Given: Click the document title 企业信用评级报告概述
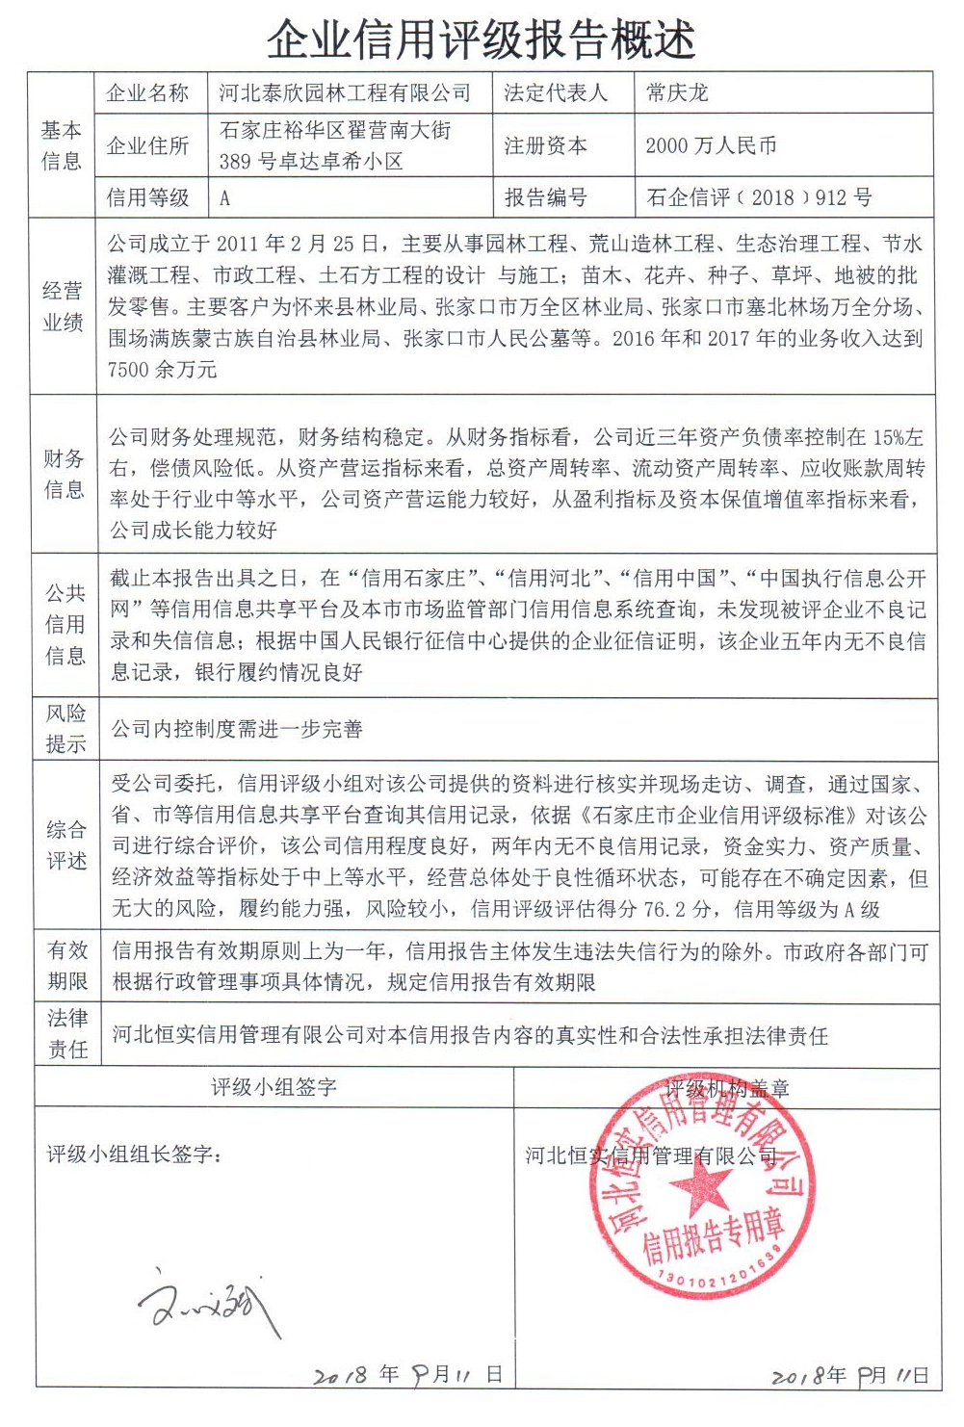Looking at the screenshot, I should tap(481, 39).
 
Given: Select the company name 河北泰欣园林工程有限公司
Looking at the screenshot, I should tap(345, 93).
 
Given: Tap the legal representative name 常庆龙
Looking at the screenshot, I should tap(677, 93).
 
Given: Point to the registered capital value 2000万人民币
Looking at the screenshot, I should tap(711, 145).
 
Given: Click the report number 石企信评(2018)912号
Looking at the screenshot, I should tap(759, 198).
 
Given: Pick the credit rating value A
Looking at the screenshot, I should tap(225, 198).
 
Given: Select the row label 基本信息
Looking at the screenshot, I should tap(62, 145).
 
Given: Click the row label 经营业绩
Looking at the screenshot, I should tap(63, 306).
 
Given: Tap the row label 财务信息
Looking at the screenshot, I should tap(64, 474).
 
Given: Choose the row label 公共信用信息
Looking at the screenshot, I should tap(65, 624).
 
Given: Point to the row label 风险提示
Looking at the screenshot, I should tap(65, 728).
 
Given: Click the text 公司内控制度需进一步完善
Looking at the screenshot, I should tap(237, 729).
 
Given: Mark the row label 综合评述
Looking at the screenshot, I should tap(66, 844).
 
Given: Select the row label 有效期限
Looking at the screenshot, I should tap(67, 966).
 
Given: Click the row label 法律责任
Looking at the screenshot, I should tap(67, 1033).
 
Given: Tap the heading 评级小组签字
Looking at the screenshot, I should tap(274, 1087).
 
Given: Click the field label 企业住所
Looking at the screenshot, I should tap(147, 145).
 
